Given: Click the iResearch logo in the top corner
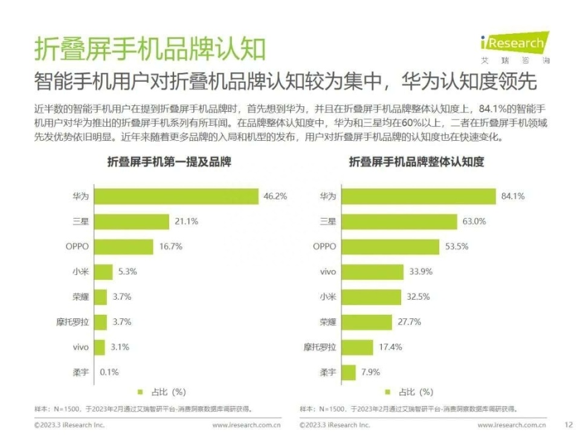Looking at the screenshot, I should coord(515,46).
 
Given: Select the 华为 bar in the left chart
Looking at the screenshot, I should coord(177,196).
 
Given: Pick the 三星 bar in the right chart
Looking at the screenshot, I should coord(399,222).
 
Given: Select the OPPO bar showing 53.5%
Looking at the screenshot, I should coord(389,246).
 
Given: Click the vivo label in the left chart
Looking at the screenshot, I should coord(81,347).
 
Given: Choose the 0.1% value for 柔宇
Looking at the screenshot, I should coord(109,372).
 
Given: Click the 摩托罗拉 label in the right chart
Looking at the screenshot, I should coord(320,347).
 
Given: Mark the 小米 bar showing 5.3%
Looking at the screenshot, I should coord(104,272).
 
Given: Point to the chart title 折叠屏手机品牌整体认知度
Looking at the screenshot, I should coord(416,162).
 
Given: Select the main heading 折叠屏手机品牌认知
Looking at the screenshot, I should coord(149,48).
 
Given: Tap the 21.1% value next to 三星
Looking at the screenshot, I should coord(186,222).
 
